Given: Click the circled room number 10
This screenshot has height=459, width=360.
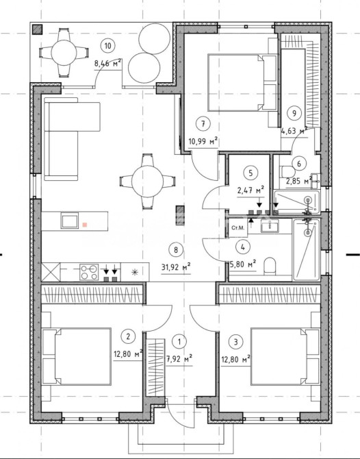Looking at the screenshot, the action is click(108, 46).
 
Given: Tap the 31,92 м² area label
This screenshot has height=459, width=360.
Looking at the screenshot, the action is click(176, 267).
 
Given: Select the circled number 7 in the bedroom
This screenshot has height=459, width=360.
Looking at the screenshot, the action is click(203, 124).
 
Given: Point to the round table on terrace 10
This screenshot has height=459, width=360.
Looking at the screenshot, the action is click(64, 53).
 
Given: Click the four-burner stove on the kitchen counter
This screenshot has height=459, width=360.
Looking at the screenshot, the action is click(89, 272).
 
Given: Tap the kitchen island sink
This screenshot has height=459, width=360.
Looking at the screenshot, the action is click(70, 221).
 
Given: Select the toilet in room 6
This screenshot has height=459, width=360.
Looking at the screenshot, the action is click(288, 172).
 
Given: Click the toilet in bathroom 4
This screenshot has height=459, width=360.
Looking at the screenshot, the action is click(270, 266).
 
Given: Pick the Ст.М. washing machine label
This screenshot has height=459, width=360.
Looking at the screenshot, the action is click(237, 227).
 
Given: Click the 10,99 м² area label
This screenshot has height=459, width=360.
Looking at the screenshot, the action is click(203, 142).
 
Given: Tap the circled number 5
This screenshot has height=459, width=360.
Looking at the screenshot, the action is click(250, 173).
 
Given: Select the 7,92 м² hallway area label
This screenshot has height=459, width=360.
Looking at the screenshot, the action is click(179, 358).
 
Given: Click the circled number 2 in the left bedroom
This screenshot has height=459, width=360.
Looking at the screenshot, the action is click(128, 336).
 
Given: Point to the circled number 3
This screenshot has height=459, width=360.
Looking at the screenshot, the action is click(236, 341).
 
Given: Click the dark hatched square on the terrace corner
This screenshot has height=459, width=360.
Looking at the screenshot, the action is click(38, 29).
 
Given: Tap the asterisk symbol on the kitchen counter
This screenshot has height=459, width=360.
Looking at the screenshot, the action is click(135, 272).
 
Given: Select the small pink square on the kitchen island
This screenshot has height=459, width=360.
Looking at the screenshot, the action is click(85, 225).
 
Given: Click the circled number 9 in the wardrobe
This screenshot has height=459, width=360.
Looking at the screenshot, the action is click(294, 113).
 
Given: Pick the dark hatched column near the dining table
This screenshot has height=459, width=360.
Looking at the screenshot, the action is click(181, 215).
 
